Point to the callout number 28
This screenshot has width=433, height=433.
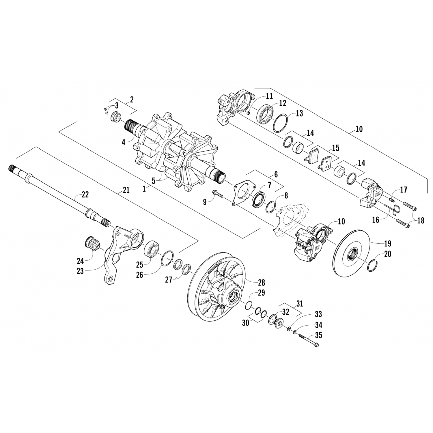coord(262,282)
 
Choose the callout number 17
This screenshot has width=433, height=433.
coord(403,190)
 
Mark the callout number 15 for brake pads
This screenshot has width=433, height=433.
coord(336,148)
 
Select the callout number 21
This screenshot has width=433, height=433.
coord(126,190)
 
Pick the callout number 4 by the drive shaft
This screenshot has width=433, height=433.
coord(124,142)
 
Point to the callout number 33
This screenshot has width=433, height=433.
coord(318,314)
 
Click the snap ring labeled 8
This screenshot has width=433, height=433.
coord(271,208)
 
